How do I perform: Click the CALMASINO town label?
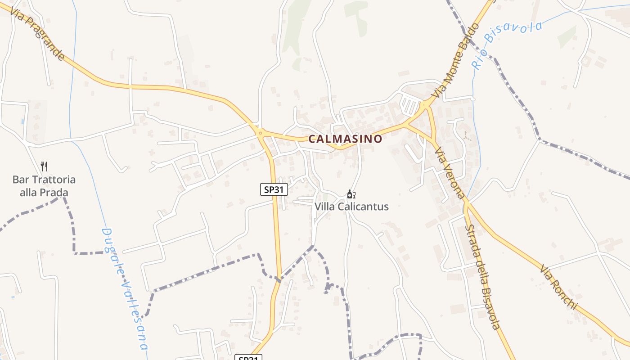click(x=345, y=139)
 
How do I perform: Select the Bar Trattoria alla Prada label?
click(x=44, y=186)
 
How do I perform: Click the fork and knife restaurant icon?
click(x=44, y=166)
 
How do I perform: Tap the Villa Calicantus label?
click(x=351, y=207)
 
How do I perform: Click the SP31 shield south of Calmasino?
click(x=274, y=189)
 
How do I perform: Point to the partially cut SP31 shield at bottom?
click(x=248, y=358)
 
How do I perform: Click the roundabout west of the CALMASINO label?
click(x=261, y=132)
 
